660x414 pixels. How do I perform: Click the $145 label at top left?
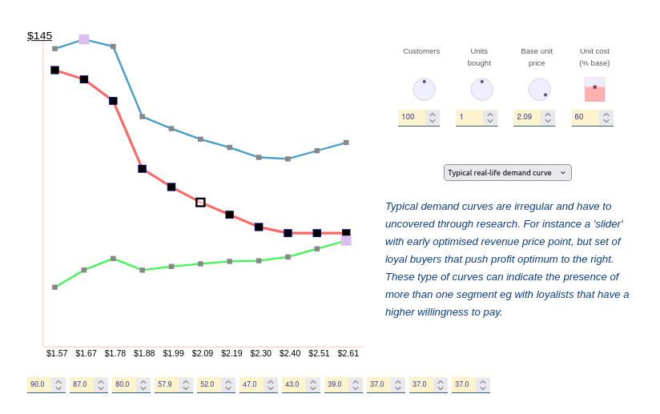point(39,36)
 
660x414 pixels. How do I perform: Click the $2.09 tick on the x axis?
point(203,353)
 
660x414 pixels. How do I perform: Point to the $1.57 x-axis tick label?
point(57,353)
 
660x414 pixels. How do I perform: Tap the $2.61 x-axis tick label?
point(348,353)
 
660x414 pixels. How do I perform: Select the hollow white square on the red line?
point(200,203)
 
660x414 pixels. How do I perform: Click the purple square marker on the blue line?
point(84,39)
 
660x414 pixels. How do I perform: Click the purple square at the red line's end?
point(346,240)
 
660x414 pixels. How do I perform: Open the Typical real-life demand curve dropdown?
point(507,172)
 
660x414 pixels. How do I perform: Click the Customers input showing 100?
point(411,117)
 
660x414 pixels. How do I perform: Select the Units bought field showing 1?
point(469,117)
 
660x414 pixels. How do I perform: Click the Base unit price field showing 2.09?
point(526,117)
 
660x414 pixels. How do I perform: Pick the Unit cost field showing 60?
point(584,117)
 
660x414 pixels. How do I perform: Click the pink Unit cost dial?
point(594,89)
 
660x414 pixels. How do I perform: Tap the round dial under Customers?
point(425,89)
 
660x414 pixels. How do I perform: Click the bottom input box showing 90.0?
point(38,384)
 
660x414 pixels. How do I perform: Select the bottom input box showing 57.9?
point(166,384)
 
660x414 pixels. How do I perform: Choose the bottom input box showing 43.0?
point(293,384)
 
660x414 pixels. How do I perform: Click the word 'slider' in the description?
point(605,223)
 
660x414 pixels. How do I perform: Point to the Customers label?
point(421,51)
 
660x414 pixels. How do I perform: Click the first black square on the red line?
point(54,70)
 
